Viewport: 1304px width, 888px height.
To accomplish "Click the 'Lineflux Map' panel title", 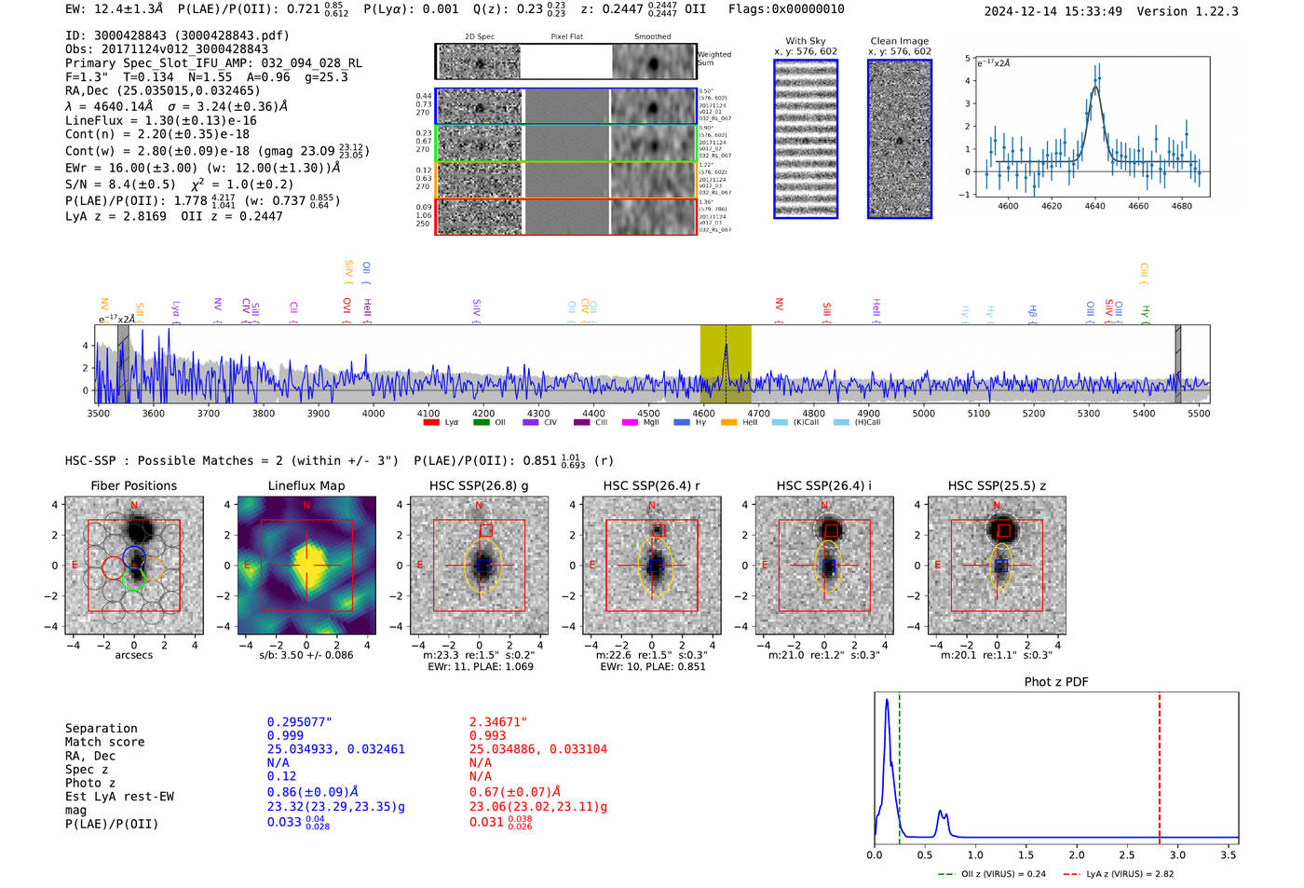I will click(x=306, y=485).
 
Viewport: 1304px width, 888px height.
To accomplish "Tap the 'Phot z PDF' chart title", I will click(x=1056, y=681).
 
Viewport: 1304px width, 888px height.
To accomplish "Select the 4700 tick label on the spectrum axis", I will click(x=758, y=414).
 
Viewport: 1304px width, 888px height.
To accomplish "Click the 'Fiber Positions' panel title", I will click(x=133, y=485).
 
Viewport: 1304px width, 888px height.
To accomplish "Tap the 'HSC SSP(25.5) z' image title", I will click(x=997, y=485).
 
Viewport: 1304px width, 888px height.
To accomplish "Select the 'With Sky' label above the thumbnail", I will click(x=805, y=41).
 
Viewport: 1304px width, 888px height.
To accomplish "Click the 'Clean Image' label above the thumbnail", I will click(x=899, y=41).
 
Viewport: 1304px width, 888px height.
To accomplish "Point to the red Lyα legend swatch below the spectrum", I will click(x=431, y=422).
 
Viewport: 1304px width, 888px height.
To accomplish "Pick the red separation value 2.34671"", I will click(x=498, y=722).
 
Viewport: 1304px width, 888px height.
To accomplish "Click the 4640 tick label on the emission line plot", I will click(x=1094, y=206).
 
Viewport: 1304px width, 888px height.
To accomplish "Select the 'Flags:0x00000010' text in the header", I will click(x=786, y=9).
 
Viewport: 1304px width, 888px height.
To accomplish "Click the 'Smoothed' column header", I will click(x=652, y=37).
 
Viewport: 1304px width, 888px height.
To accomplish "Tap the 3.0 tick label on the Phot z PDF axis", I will click(x=1177, y=854).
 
